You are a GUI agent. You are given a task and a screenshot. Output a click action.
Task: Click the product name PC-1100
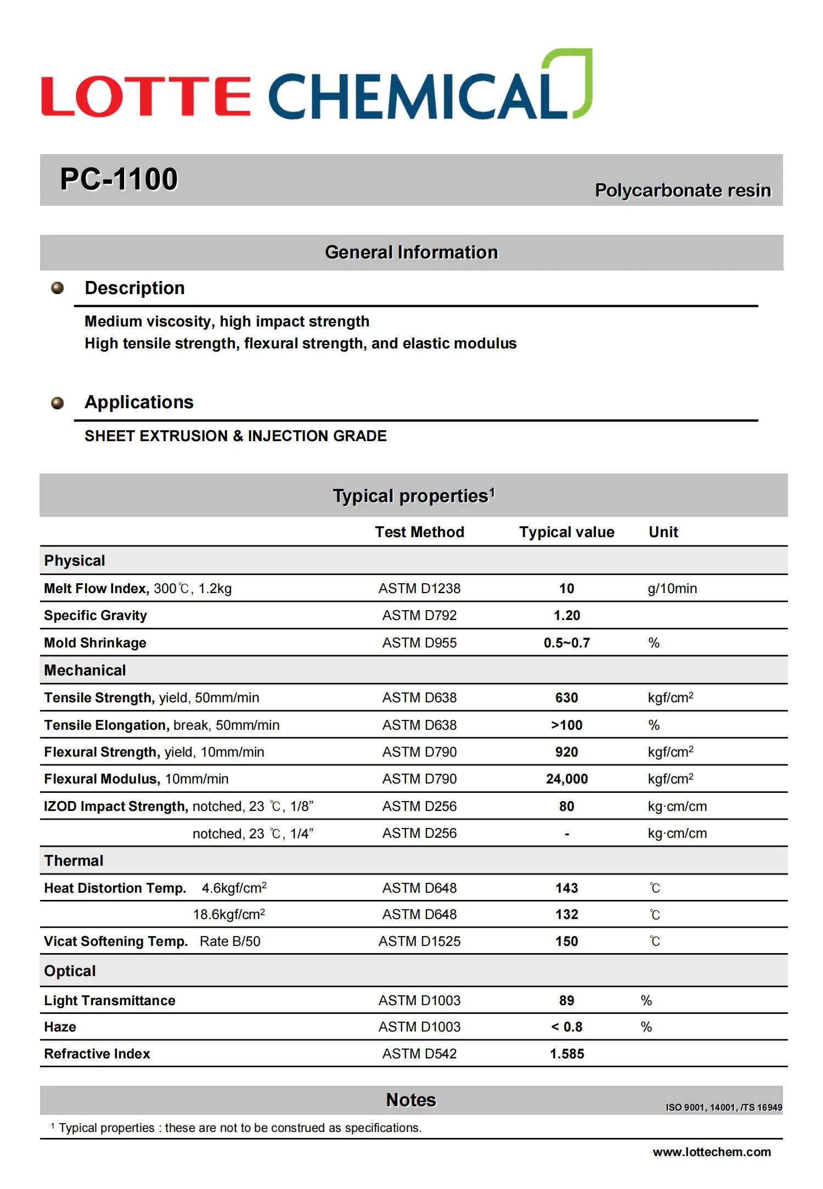(119, 179)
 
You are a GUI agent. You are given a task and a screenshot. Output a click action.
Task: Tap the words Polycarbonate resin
(683, 190)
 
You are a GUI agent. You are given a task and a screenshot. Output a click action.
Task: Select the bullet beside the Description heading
(58, 288)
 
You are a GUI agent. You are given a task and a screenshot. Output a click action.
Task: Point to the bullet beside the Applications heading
(58, 403)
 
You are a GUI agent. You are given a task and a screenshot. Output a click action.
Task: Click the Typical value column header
(567, 532)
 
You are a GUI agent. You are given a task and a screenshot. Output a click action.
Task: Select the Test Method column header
(419, 532)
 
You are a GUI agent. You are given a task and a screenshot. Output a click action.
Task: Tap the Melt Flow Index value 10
(567, 589)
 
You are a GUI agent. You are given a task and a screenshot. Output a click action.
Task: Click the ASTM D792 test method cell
(419, 616)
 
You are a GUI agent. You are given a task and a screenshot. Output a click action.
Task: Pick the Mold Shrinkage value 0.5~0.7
(567, 643)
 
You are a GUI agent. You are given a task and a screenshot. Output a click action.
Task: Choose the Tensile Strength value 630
(567, 698)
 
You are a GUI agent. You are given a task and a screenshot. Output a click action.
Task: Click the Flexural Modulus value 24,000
(567, 779)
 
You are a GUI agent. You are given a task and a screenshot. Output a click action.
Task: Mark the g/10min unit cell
(672, 589)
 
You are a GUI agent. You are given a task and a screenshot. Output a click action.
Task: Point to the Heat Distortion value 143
(567, 888)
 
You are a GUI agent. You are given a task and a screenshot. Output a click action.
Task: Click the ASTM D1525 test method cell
(419, 942)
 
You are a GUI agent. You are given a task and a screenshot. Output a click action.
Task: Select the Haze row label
(60, 1027)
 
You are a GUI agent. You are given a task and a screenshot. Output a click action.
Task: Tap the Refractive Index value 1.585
(567, 1054)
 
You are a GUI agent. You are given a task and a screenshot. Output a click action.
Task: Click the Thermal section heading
(74, 861)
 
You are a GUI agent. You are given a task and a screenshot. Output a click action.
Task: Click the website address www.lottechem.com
(712, 1152)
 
